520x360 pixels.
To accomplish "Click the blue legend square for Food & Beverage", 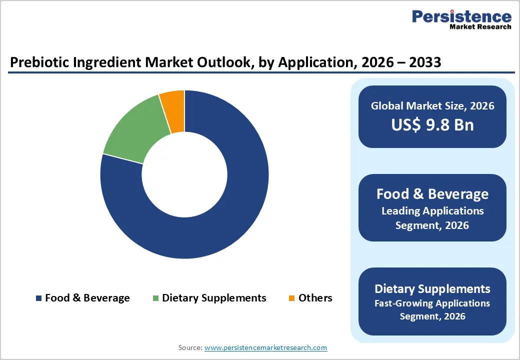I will (38, 298).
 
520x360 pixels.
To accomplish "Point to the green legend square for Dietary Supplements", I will (155, 298).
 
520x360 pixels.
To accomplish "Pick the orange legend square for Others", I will (291, 298).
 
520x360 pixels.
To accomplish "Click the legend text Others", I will (315, 298).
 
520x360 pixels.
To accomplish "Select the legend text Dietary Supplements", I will (214, 298).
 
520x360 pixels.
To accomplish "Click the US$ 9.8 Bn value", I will (432, 124).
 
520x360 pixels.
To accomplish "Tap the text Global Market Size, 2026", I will (432, 105).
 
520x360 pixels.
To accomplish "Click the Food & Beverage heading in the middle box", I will (432, 194).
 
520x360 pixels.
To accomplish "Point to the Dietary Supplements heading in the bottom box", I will (432, 288).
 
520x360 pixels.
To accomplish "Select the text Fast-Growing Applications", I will (432, 303).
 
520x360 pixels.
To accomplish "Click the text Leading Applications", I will (432, 211).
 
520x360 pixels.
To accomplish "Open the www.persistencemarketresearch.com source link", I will (265, 347).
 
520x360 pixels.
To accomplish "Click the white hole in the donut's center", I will (184, 174).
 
